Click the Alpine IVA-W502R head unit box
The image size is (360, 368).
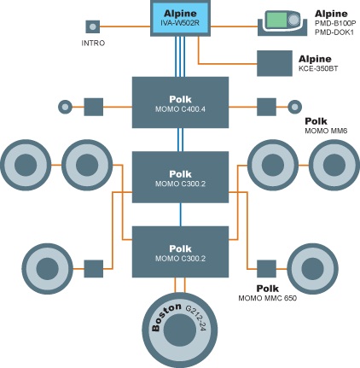click(x=180, y=19)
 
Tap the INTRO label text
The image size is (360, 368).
click(x=93, y=43)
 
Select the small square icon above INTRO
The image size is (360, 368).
click(x=93, y=26)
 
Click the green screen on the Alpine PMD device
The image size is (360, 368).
click(x=276, y=20)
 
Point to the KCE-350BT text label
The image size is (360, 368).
click(x=318, y=68)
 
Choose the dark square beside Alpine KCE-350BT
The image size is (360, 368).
click(x=275, y=63)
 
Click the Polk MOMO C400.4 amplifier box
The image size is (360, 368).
click(x=180, y=102)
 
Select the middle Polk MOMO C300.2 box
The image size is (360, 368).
click(x=180, y=177)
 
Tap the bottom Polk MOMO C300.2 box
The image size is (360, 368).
click(x=180, y=252)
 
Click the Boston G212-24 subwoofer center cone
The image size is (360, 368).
click(x=180, y=330)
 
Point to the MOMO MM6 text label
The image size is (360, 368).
click(x=326, y=131)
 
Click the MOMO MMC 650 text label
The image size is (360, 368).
click(x=267, y=298)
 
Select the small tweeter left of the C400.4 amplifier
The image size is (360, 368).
click(x=65, y=107)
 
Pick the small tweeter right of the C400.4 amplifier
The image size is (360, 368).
click(x=294, y=107)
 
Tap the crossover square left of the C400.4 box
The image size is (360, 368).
click(x=94, y=107)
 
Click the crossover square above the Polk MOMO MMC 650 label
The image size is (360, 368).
click(x=266, y=269)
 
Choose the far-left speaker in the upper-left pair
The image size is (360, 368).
click(x=26, y=165)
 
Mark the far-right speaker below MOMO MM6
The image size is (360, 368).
click(x=334, y=165)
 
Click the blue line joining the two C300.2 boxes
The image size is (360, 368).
click(x=180, y=214)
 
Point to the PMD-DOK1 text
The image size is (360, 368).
click(x=334, y=32)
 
